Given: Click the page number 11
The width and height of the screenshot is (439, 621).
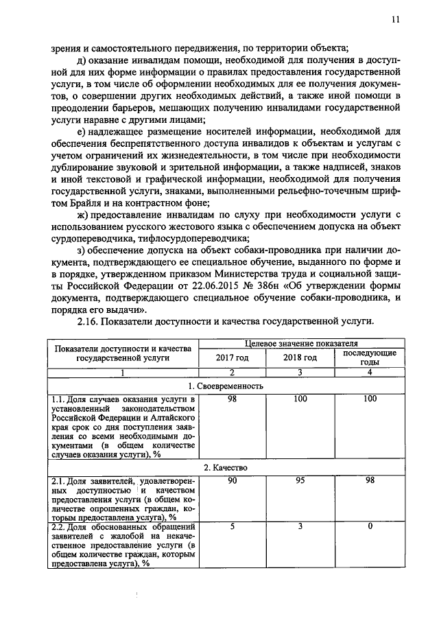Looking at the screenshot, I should pyautogui.click(x=395, y=21).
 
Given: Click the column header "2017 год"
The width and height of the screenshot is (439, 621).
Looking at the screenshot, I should pyautogui.click(x=232, y=358).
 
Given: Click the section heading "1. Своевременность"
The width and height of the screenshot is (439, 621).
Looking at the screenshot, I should pyautogui.click(x=226, y=386).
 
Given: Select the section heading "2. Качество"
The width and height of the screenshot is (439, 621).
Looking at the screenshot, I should pyautogui.click(x=226, y=467).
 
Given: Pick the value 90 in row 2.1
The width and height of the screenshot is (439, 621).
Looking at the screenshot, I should pyautogui.click(x=232, y=480).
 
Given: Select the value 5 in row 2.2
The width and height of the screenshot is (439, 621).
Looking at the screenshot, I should pyautogui.click(x=232, y=526).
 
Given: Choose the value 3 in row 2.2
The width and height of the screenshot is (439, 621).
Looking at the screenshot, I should pyautogui.click(x=300, y=526).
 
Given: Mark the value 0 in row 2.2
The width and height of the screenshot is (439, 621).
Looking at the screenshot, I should pyautogui.click(x=370, y=526).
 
